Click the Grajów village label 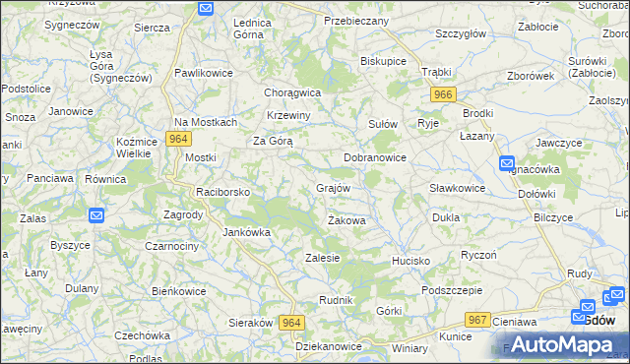pos(333,187)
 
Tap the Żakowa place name pos(346,221)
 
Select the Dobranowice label pos(374,157)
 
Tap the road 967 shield pos(478,320)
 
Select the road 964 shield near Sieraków pos(290,323)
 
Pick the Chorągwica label pos(292,92)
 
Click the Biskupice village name pos(384,61)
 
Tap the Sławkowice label pos(457,188)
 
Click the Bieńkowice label pos(178,291)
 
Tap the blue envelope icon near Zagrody pos(96,215)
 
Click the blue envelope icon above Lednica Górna pos(206,9)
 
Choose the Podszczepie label pos(451,290)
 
